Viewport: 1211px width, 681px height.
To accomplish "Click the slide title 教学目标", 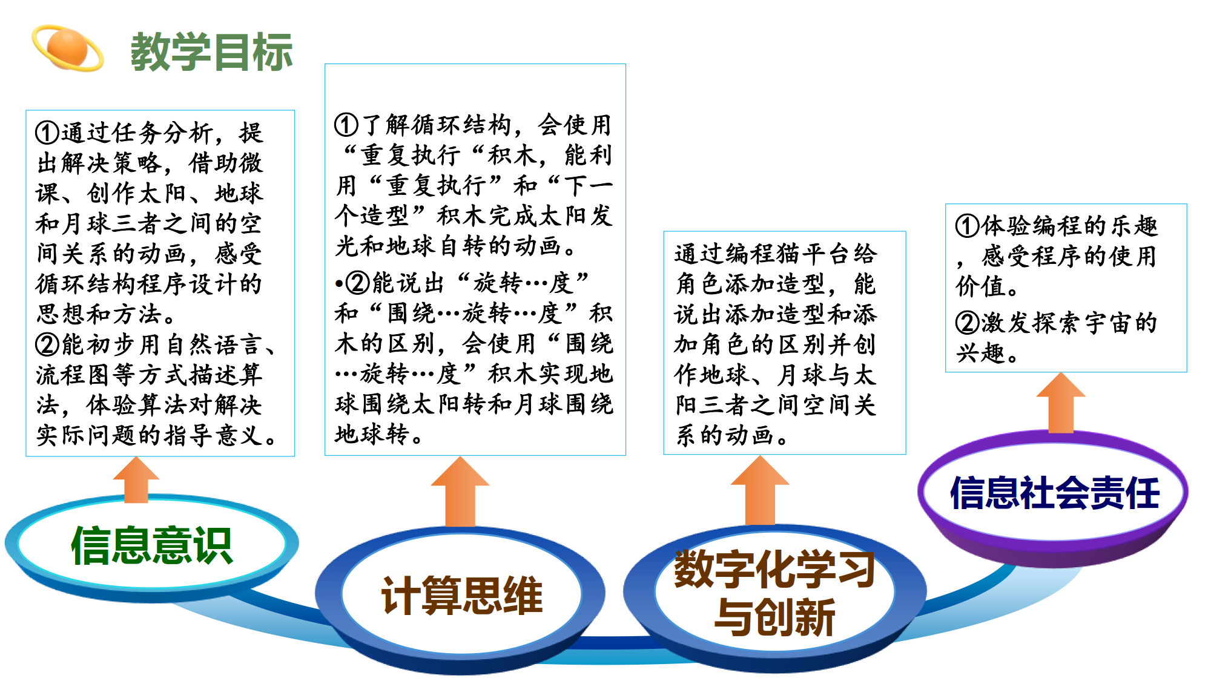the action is (211, 51).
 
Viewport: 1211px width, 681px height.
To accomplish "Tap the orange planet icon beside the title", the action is (68, 48).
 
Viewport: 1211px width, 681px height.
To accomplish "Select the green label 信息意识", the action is (151, 545).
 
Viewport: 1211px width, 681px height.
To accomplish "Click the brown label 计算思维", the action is (461, 596).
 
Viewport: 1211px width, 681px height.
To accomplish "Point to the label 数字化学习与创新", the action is (774, 593).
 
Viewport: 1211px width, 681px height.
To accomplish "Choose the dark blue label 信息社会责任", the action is (1054, 493).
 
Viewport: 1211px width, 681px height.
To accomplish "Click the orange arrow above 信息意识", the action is (136, 480).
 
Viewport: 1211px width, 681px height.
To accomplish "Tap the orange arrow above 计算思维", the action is (460, 492).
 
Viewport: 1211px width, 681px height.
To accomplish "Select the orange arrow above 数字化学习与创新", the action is (760, 490).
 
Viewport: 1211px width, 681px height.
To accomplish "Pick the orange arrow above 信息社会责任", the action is (1061, 403).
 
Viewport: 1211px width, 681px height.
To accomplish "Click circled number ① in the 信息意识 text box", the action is (47, 133).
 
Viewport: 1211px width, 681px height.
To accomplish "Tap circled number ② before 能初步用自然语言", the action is (47, 344).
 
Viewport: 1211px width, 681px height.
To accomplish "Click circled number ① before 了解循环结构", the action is (346, 125).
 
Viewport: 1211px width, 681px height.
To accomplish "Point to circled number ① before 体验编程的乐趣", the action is (968, 226).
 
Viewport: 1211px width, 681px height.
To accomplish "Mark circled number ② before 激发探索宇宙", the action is (968, 323).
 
